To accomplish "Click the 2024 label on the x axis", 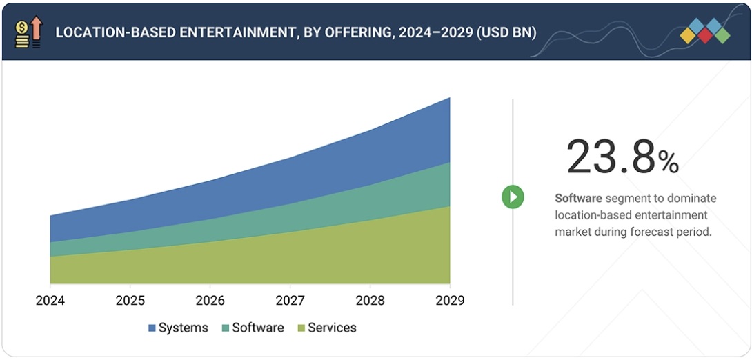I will [50, 301].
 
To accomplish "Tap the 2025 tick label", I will [130, 301].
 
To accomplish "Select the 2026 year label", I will [210, 301].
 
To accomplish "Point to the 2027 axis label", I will [290, 301].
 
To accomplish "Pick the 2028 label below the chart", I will [370, 301].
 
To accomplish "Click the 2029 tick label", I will [450, 301].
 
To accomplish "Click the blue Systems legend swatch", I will [152, 328].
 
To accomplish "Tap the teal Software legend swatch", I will [225, 328].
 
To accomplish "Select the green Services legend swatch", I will [301, 328].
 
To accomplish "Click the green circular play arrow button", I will [513, 197].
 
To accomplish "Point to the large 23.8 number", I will [610, 157].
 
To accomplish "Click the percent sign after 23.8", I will [668, 163].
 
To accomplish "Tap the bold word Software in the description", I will [578, 199].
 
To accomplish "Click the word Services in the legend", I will [332, 328].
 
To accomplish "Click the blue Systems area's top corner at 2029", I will [449, 99].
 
